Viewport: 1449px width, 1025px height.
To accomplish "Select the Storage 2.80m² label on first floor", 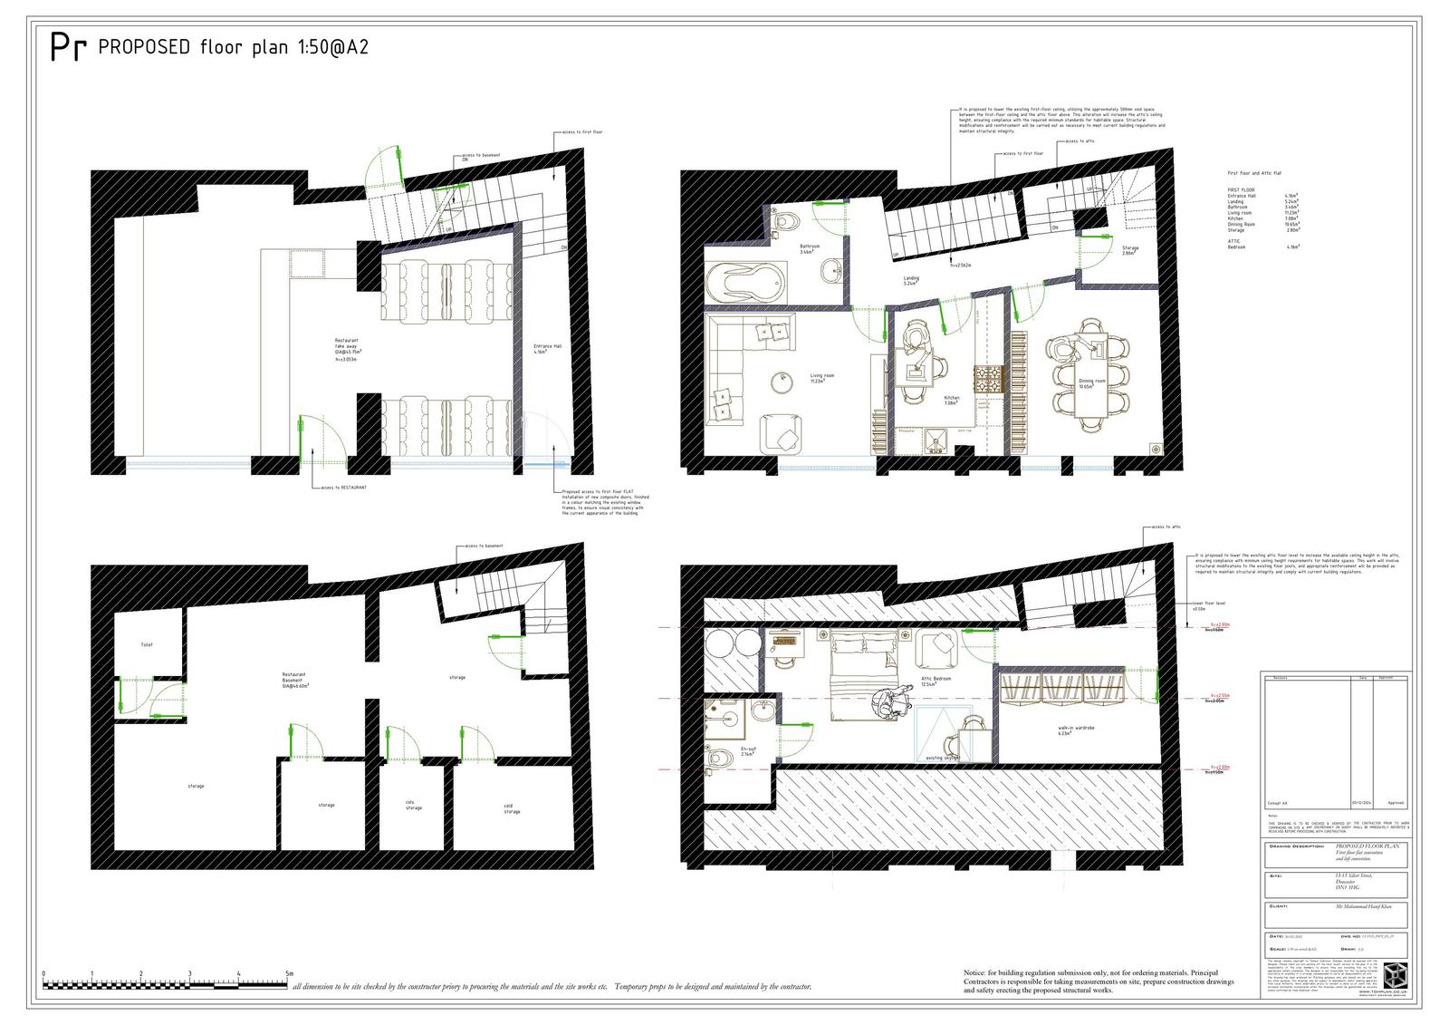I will point(1129,251).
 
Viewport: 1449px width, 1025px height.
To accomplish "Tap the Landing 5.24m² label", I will point(911,281).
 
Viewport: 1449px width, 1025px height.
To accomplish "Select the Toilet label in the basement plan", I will point(147,645).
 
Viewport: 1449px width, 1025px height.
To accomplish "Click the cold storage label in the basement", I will point(512,808).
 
